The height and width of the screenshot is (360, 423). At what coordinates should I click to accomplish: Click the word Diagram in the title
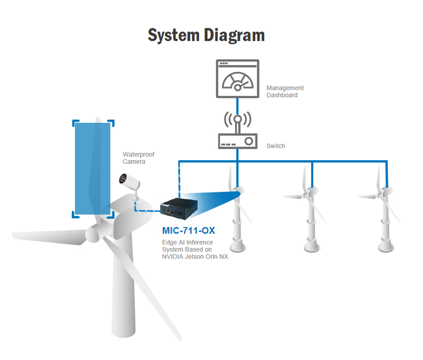click(x=235, y=35)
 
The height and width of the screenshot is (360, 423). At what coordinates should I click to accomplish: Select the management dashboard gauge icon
click(x=238, y=79)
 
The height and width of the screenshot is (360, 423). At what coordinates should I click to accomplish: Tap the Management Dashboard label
click(x=285, y=91)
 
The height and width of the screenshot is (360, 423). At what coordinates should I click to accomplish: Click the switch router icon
click(x=238, y=141)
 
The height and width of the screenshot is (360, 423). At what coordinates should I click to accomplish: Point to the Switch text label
click(x=276, y=145)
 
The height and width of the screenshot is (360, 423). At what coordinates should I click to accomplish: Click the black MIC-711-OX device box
click(x=179, y=209)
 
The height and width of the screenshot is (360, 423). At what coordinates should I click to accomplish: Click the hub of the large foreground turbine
click(x=95, y=231)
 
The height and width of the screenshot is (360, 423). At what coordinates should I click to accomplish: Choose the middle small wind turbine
click(x=312, y=211)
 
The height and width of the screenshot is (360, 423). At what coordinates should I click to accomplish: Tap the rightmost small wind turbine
click(x=386, y=211)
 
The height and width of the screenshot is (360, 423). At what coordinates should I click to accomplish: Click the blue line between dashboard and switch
click(x=238, y=105)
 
